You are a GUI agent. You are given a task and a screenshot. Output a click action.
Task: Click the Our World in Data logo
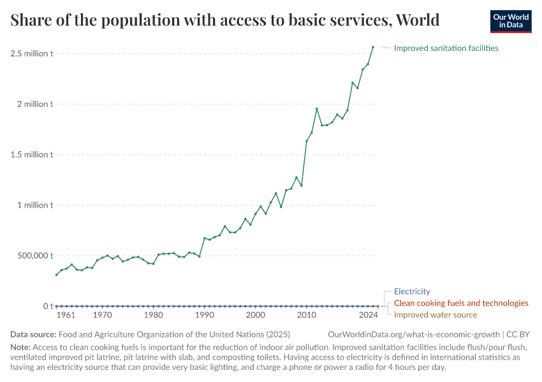[x=510, y=21]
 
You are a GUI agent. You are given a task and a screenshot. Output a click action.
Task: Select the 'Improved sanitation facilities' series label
[x=446, y=48]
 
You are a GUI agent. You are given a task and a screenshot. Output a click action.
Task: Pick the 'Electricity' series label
[x=412, y=292]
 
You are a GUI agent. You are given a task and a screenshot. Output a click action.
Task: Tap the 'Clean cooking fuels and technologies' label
[x=461, y=303]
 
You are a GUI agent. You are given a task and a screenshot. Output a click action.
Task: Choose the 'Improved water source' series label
[x=435, y=315]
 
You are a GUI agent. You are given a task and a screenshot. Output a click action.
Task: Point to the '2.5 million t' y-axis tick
[x=31, y=53]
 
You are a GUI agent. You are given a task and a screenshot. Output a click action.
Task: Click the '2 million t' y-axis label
[x=35, y=104]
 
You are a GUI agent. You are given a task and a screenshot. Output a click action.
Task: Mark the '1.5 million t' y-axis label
[x=31, y=155]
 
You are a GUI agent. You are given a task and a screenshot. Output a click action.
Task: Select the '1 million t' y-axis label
[x=35, y=205]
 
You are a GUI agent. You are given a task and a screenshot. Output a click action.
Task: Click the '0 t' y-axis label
[x=47, y=306]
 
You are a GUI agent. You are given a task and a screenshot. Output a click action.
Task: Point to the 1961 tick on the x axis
[x=66, y=315]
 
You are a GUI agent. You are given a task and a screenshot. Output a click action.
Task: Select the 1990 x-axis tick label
[x=204, y=315]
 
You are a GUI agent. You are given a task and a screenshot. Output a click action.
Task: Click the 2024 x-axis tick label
[x=368, y=315]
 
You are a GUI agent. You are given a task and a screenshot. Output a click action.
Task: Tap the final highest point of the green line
[x=373, y=46]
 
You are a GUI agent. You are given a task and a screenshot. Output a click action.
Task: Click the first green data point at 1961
[x=56, y=275]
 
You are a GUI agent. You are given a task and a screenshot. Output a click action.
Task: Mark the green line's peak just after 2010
[x=317, y=109]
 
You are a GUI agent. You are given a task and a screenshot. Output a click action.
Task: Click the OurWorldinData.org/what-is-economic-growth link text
[x=414, y=334]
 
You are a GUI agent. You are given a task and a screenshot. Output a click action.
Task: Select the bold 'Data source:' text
[x=33, y=334]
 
